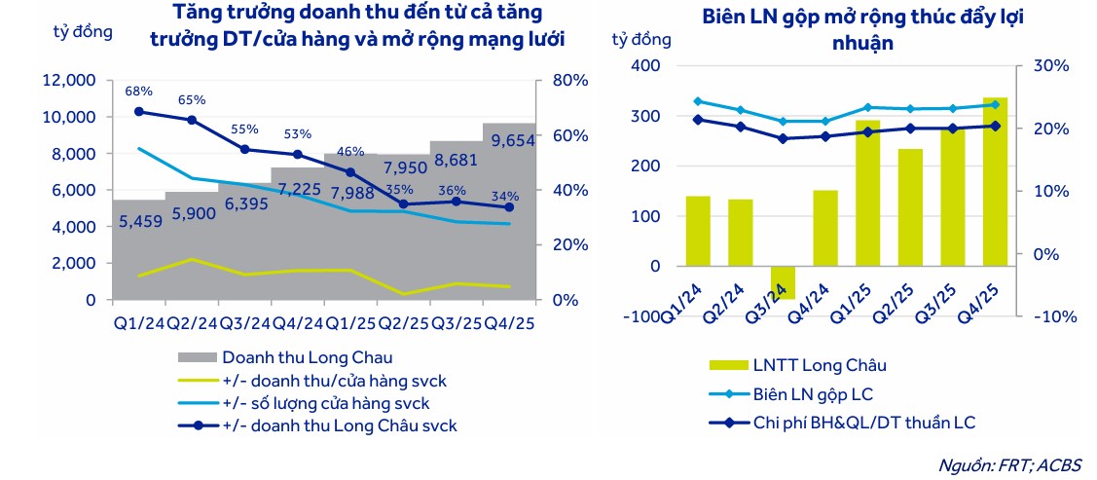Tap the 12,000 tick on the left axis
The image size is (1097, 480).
(x=69, y=80)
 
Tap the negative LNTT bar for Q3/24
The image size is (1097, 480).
(x=784, y=282)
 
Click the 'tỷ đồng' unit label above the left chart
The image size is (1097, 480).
(x=83, y=30)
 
